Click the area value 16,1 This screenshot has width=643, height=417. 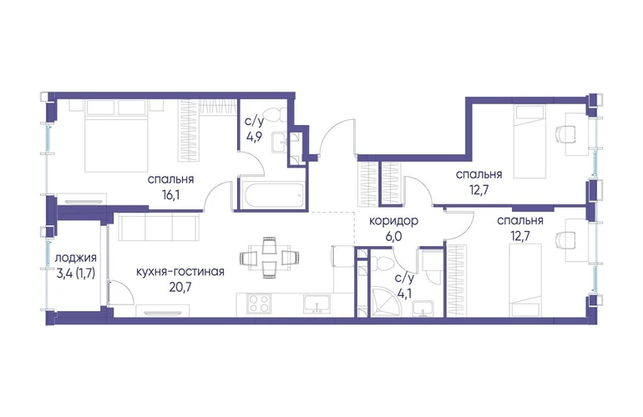pos(170,194)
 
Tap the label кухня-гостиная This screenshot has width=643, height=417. pos(180,271)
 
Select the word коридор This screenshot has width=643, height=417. pos(393,221)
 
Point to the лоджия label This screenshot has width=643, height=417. pos(76,258)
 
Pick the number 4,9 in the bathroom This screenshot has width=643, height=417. pos(255,137)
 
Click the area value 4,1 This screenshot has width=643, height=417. pos(404,293)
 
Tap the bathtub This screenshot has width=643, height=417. pos(272,196)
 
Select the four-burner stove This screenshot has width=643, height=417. pos(259,304)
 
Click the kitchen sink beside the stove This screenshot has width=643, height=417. pos(316,304)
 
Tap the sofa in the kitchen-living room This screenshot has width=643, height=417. pos(159,227)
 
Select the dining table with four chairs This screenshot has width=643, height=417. pos(270,258)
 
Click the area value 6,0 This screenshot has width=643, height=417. pos(393,237)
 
